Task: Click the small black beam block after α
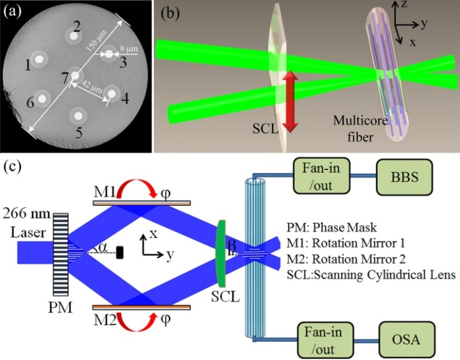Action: (x=119, y=253)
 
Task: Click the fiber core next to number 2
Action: (x=74, y=37)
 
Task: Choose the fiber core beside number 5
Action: (x=77, y=114)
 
